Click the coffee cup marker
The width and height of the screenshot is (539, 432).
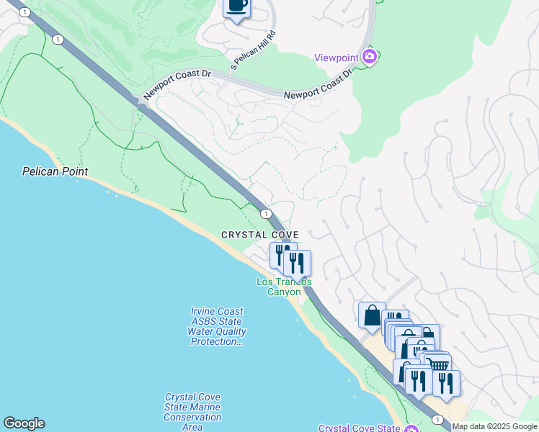[237, 7]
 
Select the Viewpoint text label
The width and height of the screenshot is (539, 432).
[337, 58]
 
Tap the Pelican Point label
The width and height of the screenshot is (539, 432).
[55, 171]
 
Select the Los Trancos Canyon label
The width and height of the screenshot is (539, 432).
[284, 287]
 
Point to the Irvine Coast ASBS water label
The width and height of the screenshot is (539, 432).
[217, 326]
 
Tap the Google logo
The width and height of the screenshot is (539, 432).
[24, 423]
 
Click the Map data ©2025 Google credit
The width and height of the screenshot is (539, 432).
[494, 426]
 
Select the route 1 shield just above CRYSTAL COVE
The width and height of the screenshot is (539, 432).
[266, 214]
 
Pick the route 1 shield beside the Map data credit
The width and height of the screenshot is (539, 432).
[437, 418]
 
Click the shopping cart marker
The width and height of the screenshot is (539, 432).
[438, 365]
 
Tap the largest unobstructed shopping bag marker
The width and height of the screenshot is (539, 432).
[372, 315]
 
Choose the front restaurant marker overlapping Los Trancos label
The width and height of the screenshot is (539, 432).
[297, 263]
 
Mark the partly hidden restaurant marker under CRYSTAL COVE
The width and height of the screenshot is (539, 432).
[280, 254]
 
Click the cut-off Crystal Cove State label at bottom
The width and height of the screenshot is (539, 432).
[360, 428]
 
